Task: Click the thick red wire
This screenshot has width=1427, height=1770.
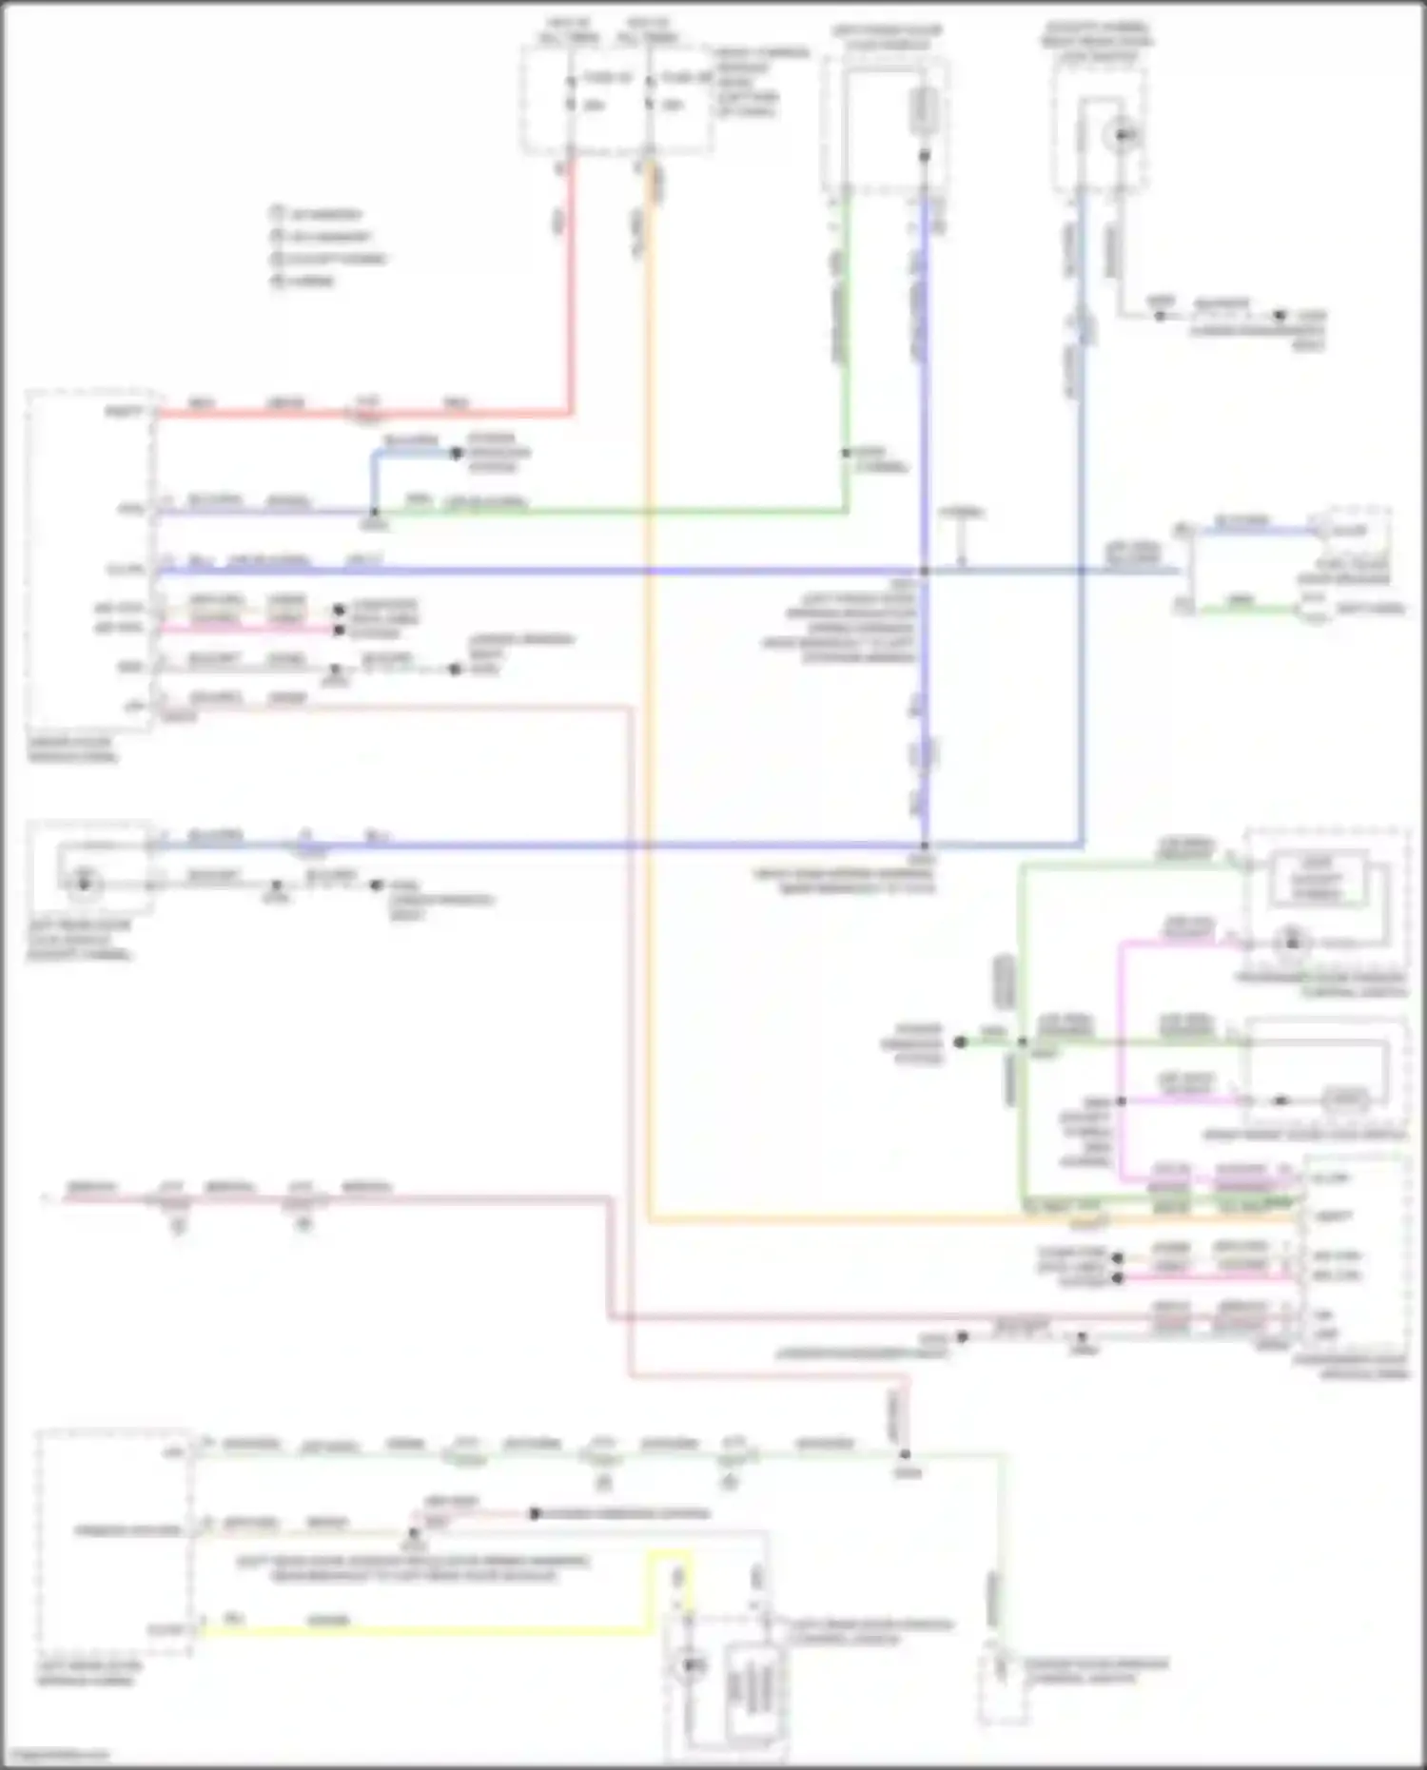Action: point(571,285)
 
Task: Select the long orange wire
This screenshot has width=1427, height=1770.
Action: point(649,761)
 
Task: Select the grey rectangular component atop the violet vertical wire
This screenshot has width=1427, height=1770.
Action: point(924,110)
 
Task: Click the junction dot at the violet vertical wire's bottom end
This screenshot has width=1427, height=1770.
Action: point(924,845)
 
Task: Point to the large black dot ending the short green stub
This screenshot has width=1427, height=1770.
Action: point(961,1042)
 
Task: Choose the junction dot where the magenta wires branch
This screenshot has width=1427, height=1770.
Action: point(1122,1101)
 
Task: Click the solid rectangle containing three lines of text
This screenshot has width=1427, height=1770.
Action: point(1317,879)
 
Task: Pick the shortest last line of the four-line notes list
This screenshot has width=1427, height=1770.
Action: point(304,281)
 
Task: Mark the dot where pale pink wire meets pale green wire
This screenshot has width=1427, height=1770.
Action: point(905,1454)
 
